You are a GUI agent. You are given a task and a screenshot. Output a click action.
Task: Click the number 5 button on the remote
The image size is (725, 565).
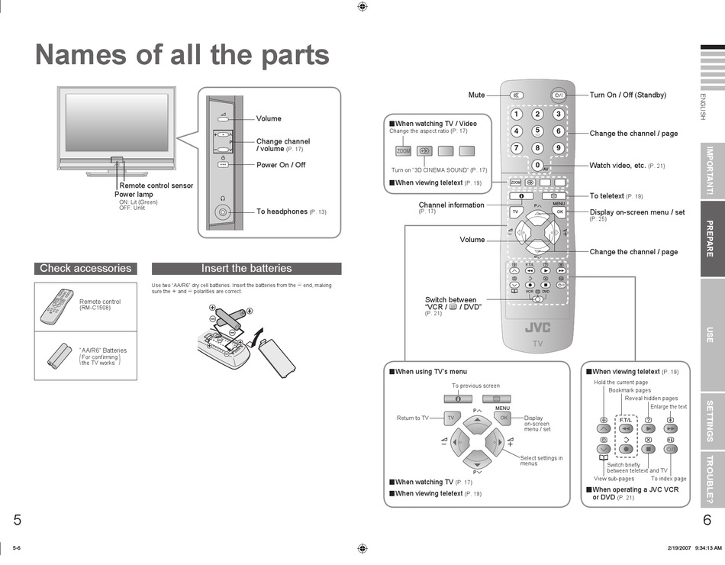coord(537,131)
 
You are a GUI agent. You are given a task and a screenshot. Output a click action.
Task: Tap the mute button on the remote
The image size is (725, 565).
coord(517,95)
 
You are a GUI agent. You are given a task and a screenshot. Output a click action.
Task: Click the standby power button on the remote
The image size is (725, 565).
coord(559,95)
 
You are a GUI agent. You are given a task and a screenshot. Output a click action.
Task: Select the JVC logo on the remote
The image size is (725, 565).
coord(537,328)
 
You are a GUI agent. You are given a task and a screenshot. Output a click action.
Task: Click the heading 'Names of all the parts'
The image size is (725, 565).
coord(182,55)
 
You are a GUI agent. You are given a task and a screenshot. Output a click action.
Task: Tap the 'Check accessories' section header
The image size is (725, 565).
coord(85,268)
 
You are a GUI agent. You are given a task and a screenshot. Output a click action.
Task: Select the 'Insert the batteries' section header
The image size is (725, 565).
coord(246,268)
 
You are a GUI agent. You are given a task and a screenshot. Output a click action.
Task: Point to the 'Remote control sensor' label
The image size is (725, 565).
coord(156,186)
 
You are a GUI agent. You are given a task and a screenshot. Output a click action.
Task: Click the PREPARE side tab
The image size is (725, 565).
coord(711,239)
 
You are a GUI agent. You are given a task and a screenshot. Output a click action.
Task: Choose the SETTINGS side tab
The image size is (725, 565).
coord(711,421)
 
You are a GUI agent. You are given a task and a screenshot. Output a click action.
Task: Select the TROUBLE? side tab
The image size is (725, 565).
coord(711,479)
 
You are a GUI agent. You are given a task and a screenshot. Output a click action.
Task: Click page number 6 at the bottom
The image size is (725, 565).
coord(707,521)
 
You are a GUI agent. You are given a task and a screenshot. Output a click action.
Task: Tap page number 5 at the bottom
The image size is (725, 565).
coord(17,521)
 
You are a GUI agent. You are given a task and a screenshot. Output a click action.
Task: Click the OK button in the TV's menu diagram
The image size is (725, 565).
coord(503,418)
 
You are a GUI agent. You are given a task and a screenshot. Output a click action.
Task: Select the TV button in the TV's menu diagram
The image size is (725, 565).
coord(450,418)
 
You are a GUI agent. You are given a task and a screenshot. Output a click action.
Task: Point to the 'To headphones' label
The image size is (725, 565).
coord(282,211)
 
